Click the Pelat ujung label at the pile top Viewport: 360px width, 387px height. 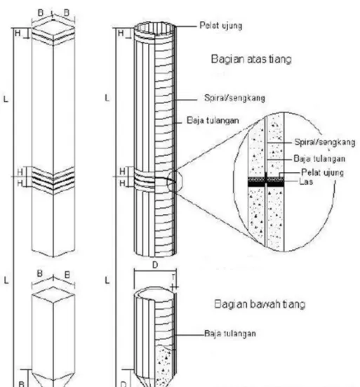(x=220, y=25)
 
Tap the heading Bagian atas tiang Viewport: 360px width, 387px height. (x=251, y=59)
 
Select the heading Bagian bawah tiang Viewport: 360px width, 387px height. (x=260, y=304)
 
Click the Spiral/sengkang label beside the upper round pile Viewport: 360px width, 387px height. (x=234, y=98)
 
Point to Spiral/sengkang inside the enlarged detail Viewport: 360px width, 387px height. (x=325, y=143)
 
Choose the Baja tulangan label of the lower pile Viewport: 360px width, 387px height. (x=229, y=334)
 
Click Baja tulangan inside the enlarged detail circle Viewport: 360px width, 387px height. (x=319, y=159)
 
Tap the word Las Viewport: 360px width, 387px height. (x=306, y=182)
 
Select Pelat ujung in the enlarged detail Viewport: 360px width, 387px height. (x=322, y=173)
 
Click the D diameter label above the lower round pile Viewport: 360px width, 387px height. (x=155, y=265)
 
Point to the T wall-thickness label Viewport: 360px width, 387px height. (x=173, y=277)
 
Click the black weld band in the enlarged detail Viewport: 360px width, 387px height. (x=266, y=184)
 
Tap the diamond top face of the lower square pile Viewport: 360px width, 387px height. (x=53, y=294)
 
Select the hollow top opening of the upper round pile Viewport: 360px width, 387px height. (x=155, y=28)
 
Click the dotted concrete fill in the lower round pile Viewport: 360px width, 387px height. (x=164, y=365)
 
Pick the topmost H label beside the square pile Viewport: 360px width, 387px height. (x=18, y=33)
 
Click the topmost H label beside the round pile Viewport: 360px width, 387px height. (x=121, y=33)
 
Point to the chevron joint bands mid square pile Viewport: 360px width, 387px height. (x=53, y=181)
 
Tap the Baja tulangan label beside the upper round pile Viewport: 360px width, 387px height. (x=213, y=120)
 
